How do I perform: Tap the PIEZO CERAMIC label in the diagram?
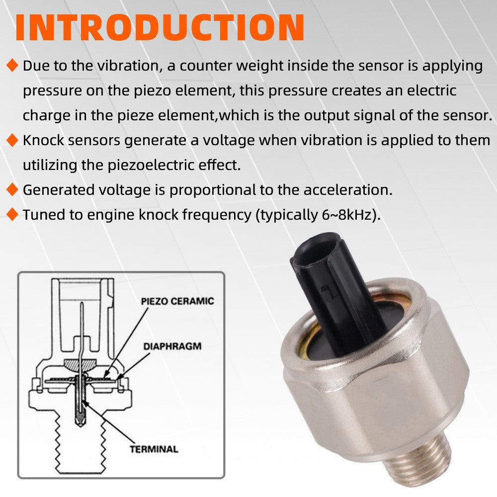tap(177, 301)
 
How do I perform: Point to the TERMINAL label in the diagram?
tap(154, 449)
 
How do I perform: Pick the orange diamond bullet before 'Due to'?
tap(12, 66)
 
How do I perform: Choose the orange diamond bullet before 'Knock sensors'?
tap(12, 141)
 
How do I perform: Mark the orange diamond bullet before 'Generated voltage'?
tap(12, 189)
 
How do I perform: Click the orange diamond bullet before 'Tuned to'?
tap(12, 215)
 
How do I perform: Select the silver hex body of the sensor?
tap(378, 393)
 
